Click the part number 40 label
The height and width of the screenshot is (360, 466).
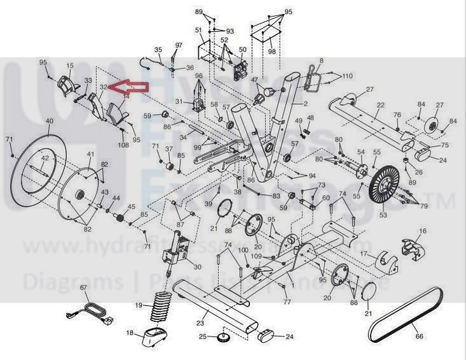tap(49, 121)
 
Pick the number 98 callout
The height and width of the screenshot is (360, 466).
tap(272, 51)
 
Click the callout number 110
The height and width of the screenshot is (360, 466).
tap(347, 76)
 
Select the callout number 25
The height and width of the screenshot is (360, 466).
tap(202, 336)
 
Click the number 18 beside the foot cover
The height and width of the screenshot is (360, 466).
tap(130, 333)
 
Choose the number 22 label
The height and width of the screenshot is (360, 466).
tap(380, 105)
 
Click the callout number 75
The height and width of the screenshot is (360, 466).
tap(444, 145)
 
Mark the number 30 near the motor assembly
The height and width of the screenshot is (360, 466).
tap(197, 266)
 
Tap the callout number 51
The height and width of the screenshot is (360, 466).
tap(199, 31)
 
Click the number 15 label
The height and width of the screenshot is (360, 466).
tap(69, 65)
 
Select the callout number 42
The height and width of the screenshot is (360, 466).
tap(45, 158)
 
